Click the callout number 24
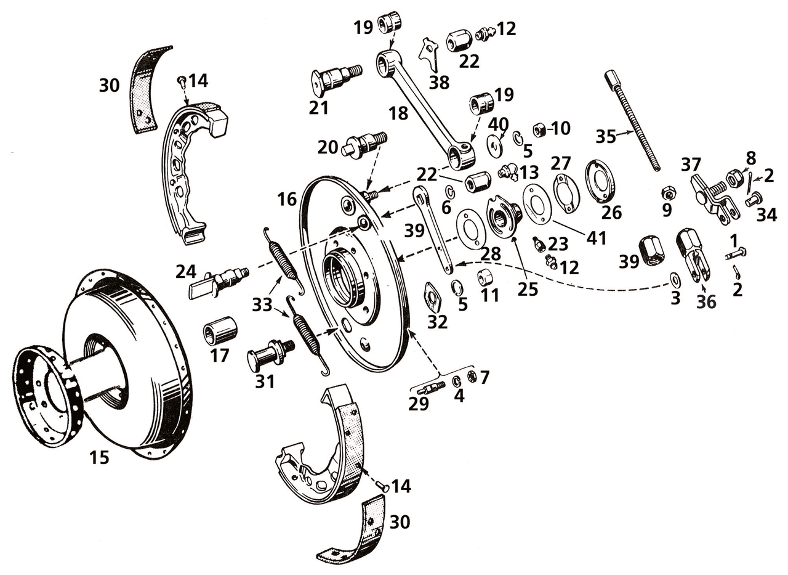pos(185,272)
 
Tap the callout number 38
pos(439,82)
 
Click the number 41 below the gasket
pos(597,238)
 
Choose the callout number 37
pos(691,165)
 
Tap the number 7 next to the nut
pos(484,377)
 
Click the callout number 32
pos(438,322)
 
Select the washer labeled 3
pos(675,280)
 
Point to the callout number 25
pos(528,289)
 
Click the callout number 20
pos(329,147)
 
